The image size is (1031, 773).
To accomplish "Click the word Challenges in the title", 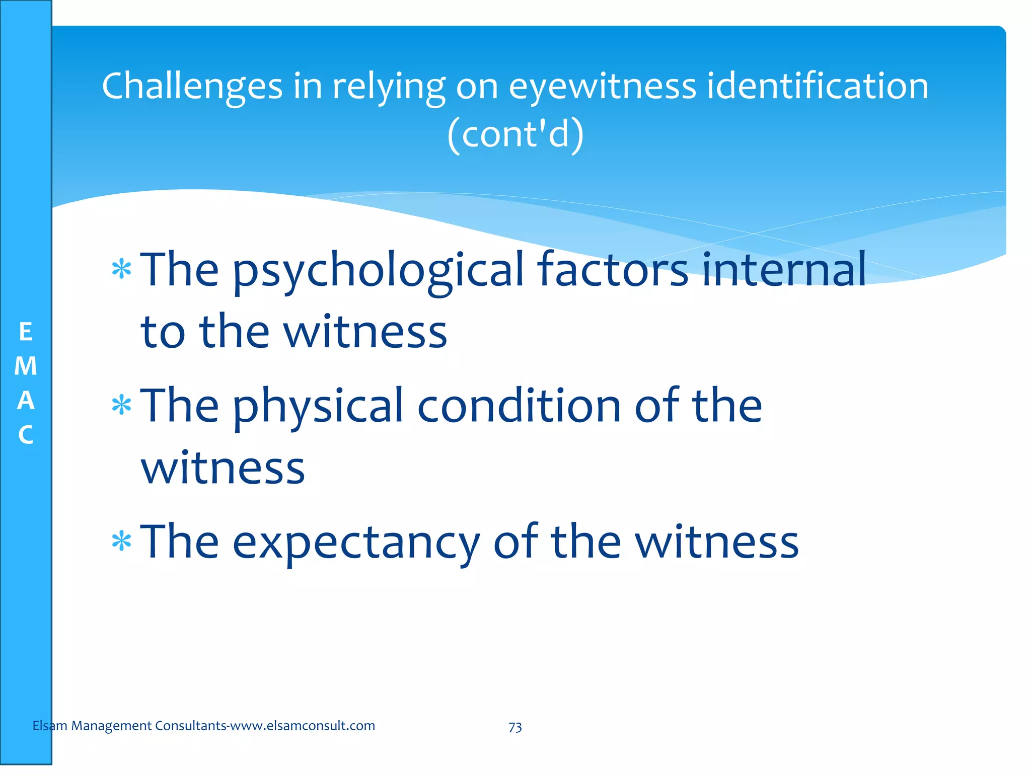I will click(x=192, y=87).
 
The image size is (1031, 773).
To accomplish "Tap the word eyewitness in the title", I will click(x=602, y=87).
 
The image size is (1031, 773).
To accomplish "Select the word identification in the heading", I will click(x=818, y=86).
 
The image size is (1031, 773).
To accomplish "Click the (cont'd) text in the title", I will click(x=515, y=134).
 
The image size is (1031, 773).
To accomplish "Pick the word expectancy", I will click(x=356, y=544).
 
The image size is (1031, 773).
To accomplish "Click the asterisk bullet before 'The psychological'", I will click(x=121, y=270).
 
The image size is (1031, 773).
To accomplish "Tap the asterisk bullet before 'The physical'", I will click(x=121, y=406).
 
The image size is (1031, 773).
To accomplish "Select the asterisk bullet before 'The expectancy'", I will click(x=121, y=542).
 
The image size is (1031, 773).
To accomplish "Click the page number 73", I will click(x=515, y=727).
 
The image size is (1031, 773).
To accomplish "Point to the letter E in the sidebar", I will click(x=26, y=332).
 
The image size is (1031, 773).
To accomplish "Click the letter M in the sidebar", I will click(x=26, y=366).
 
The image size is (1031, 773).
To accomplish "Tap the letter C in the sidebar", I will click(x=26, y=435).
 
